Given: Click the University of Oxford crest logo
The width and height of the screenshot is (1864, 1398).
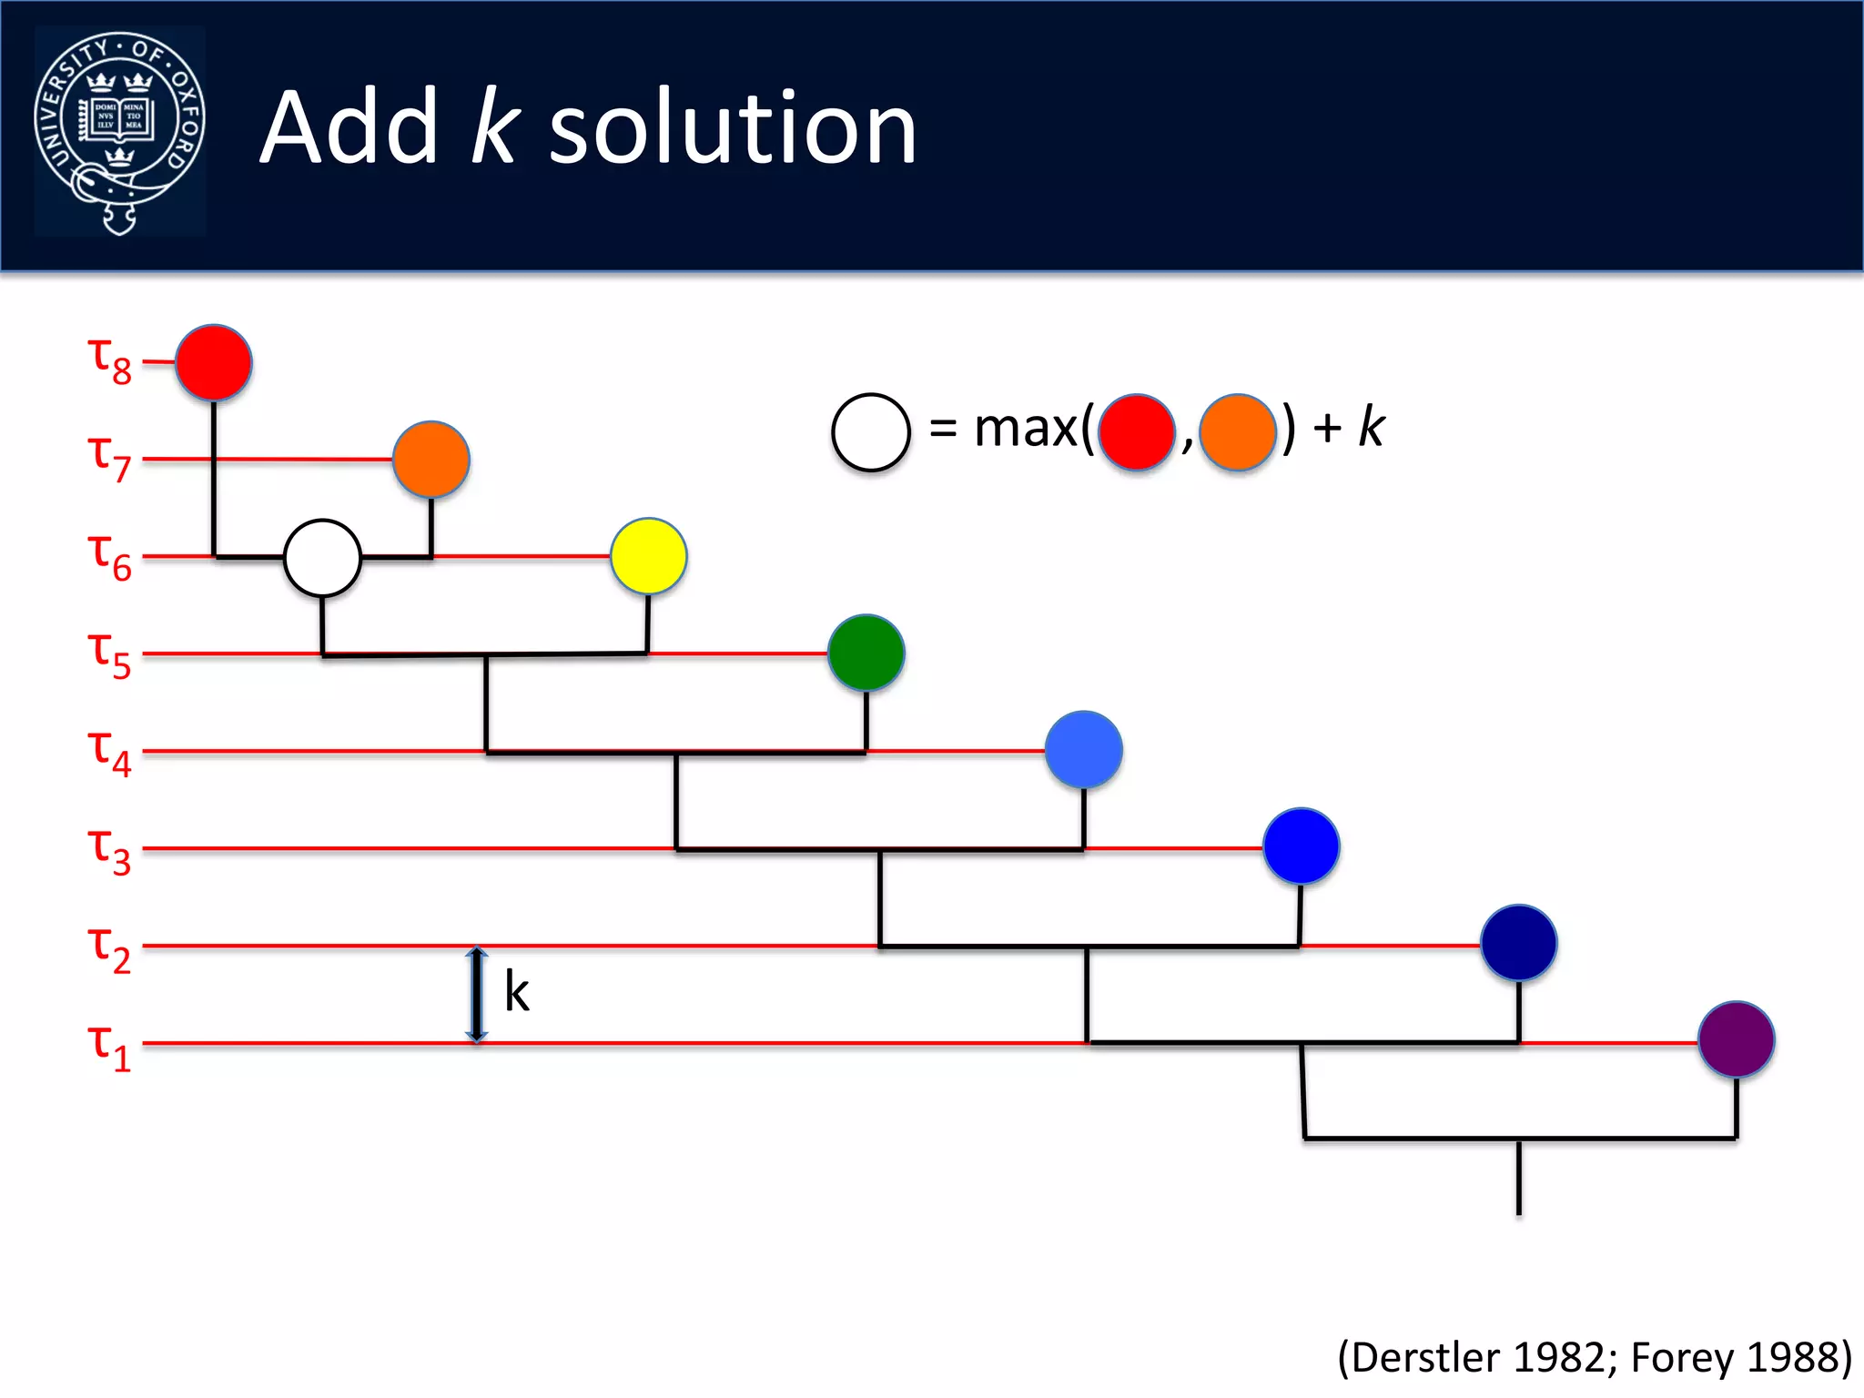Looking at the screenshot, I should [119, 131].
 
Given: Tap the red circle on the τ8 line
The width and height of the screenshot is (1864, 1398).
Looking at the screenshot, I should [214, 362].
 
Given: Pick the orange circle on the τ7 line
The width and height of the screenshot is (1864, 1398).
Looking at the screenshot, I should [431, 460].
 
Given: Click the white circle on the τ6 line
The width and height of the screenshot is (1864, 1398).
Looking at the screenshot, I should [322, 558].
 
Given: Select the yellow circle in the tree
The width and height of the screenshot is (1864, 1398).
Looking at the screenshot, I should [649, 556].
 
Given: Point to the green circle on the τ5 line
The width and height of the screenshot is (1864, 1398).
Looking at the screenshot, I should [866, 653].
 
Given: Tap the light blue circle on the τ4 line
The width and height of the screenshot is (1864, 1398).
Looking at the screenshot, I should [1083, 750].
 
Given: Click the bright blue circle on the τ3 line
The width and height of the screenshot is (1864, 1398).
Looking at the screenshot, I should [1302, 846].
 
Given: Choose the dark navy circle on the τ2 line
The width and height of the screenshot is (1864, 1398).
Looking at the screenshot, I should [1518, 943].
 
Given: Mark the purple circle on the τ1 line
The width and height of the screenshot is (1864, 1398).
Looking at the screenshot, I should [1737, 1039].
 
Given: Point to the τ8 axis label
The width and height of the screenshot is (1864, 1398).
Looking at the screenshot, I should [109, 360].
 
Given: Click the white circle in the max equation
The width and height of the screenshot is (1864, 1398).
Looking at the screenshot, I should [871, 432].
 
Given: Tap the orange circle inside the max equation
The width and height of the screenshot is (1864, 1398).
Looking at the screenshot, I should [1237, 432].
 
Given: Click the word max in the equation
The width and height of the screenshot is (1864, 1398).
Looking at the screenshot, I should [1026, 429].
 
